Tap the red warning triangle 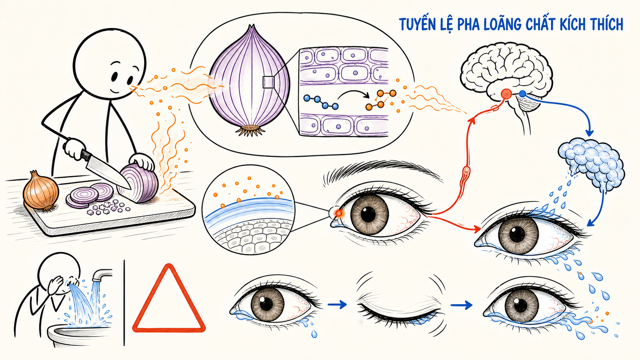tap(169, 298)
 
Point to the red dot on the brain tap(506, 94)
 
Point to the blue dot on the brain tap(522, 93)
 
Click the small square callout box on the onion tap(268, 82)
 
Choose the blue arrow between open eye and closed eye tap(337, 305)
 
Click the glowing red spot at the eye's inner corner tap(339, 213)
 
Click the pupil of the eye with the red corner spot tap(368, 214)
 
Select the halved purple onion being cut tap(138, 183)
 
